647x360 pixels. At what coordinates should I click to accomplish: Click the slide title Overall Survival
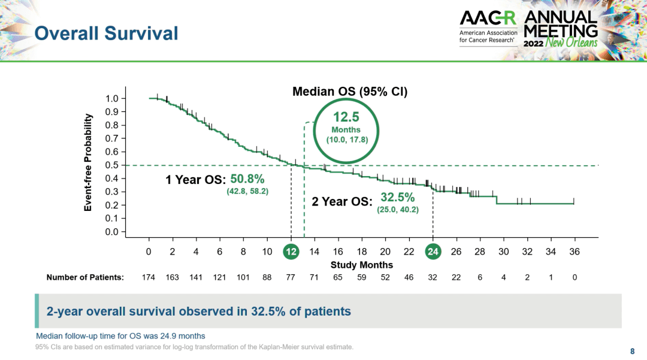point(106,33)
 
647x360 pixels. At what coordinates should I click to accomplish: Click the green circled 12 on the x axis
point(291,252)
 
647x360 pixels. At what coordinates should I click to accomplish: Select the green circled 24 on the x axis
point(433,252)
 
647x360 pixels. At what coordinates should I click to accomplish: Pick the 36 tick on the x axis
point(574,252)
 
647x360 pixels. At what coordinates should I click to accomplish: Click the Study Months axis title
point(361,265)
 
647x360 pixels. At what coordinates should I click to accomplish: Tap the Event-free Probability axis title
point(88,162)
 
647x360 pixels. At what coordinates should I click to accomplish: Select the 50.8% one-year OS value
point(247,179)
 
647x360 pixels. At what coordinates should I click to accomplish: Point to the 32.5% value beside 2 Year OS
point(397,197)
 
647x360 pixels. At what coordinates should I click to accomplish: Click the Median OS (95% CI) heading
point(349,92)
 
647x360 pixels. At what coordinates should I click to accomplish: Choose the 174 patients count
point(149,277)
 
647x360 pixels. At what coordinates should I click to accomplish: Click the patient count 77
point(291,277)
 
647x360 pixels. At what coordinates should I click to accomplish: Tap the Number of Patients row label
point(85,277)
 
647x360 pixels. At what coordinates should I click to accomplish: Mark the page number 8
point(632,350)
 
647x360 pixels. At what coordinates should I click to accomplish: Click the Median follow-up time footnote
point(120,335)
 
